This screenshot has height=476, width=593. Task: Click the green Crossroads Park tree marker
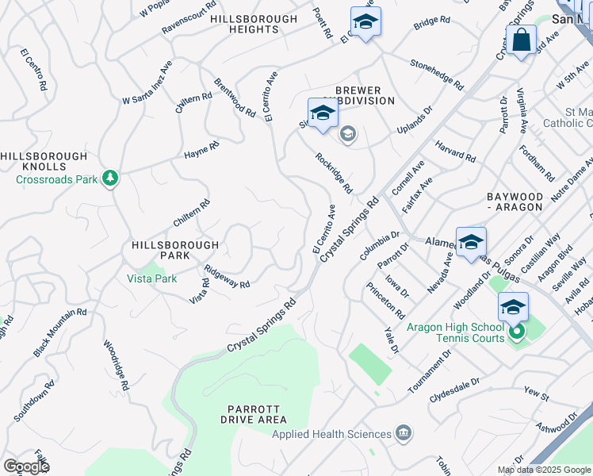(x=110, y=178)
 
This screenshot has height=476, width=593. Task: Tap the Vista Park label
(x=152, y=278)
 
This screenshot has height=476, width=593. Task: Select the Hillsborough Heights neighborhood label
(x=254, y=24)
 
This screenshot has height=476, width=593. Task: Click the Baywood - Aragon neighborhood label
(x=515, y=201)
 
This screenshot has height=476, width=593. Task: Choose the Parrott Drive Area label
(x=254, y=413)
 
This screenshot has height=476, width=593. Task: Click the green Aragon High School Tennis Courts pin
(x=517, y=332)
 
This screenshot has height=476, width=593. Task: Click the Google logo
(x=26, y=466)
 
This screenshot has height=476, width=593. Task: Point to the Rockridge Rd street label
(x=333, y=173)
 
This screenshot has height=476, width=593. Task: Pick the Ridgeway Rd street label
(x=227, y=277)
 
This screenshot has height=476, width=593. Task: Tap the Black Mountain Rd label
(x=59, y=332)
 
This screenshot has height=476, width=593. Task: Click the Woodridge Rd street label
(x=116, y=365)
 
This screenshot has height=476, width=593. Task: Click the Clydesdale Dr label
(x=454, y=388)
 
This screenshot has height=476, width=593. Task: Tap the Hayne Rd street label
(x=201, y=148)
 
